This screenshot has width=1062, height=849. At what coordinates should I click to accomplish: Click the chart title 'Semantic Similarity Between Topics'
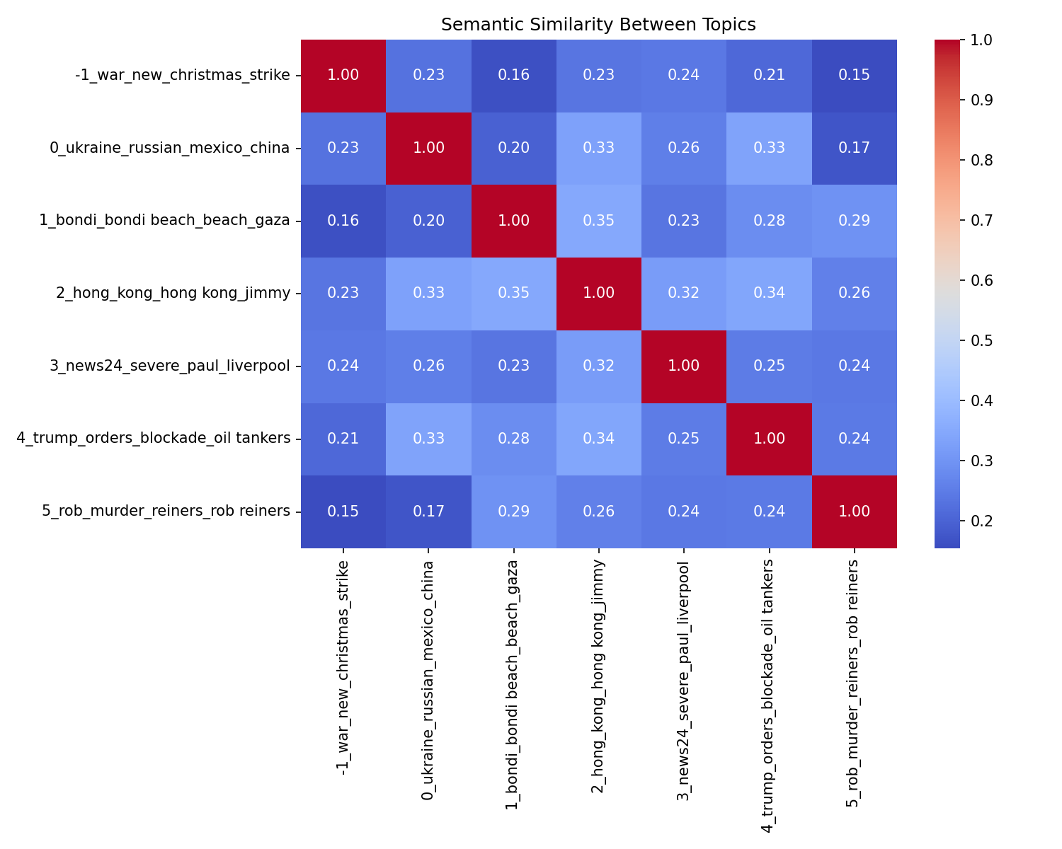tap(598, 25)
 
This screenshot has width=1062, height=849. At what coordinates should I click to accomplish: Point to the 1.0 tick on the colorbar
tap(961, 40)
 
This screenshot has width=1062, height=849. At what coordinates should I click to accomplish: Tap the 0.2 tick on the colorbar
tap(961, 521)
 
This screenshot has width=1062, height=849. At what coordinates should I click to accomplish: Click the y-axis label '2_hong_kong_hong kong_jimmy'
tap(173, 293)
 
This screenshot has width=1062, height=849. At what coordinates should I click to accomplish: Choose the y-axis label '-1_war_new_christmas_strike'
tap(182, 75)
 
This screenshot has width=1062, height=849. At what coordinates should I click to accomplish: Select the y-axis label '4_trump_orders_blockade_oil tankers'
tap(154, 439)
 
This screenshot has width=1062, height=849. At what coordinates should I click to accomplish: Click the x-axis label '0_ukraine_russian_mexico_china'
tap(428, 679)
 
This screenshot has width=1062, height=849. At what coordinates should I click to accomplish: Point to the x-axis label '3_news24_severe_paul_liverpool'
tap(684, 679)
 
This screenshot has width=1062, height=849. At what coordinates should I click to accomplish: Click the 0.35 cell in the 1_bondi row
tap(599, 221)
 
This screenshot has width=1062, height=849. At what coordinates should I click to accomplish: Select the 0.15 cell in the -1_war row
tap(854, 75)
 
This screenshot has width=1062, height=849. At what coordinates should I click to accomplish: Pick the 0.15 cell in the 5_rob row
tap(343, 512)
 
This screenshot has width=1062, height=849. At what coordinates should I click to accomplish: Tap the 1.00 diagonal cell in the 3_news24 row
tap(684, 366)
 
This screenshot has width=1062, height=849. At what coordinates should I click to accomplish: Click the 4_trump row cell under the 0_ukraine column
tap(428, 439)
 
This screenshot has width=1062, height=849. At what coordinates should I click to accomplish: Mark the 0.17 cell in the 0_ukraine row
tap(854, 148)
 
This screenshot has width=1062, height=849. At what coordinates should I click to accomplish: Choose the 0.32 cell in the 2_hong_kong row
tap(684, 293)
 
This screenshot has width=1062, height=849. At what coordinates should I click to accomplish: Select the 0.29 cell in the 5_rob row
tap(514, 512)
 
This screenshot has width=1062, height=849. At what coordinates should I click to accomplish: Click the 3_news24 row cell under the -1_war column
tap(343, 366)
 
